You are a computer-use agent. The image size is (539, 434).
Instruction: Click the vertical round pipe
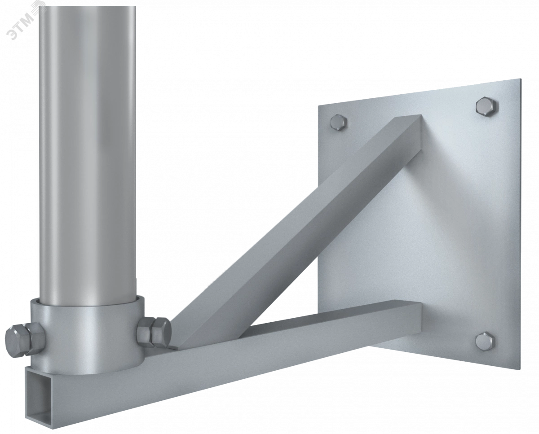(x=88, y=150)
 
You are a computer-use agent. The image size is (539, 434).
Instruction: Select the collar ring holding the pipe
(x=88, y=335)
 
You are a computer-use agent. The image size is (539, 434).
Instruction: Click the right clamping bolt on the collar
(x=154, y=332)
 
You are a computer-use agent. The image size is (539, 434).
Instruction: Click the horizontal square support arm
(x=225, y=358)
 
